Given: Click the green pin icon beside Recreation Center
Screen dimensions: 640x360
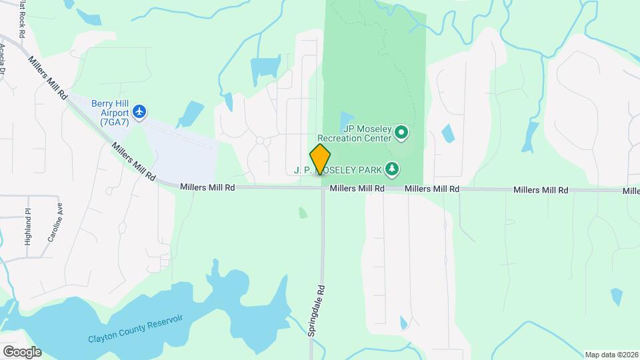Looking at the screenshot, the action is (401, 133).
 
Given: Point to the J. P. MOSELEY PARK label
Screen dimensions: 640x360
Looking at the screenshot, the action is (339, 170).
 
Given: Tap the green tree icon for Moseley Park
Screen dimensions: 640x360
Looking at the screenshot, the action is (393, 169).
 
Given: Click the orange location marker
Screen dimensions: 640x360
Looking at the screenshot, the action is (321, 159).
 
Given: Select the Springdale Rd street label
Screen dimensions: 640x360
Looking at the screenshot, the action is (321, 312).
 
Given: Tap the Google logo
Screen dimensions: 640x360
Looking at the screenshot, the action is (21, 351).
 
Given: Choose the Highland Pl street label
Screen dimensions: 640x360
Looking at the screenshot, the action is (29, 227).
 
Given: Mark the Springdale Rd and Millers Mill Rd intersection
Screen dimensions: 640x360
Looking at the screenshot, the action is (323, 189).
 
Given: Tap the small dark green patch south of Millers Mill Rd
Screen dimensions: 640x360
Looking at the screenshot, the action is (303, 213).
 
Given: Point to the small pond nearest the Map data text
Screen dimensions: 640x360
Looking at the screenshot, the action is (616, 297).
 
